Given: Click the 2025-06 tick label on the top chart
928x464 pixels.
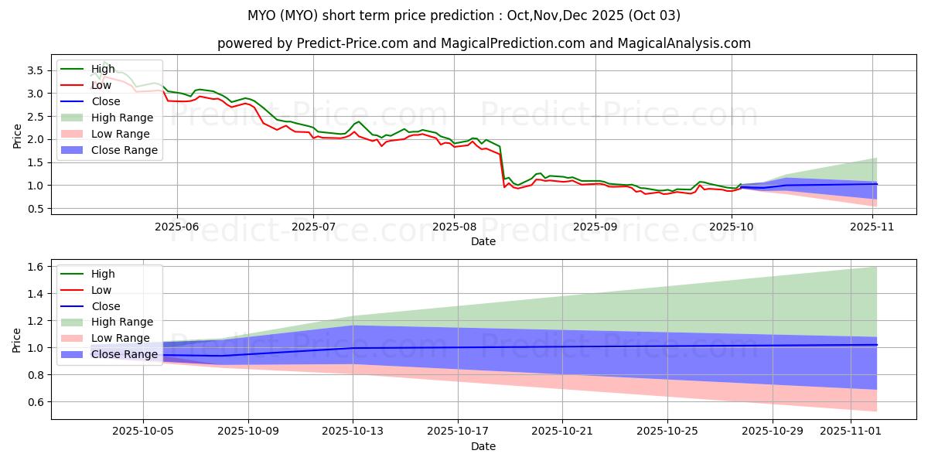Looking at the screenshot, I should point(177,227).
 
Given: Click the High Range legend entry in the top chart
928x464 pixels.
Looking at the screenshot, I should point(123,118).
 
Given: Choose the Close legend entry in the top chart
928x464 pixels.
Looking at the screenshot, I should point(106,101).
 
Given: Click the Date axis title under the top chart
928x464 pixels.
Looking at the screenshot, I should point(483,241).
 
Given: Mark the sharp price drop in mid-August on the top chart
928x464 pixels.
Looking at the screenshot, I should point(503,166).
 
